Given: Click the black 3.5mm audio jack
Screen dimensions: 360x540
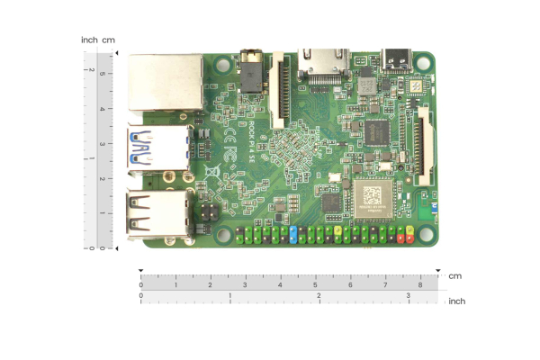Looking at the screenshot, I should click(x=251, y=69).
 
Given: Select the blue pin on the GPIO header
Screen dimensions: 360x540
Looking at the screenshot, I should click(x=294, y=236).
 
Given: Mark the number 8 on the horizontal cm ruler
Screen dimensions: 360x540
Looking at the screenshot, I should click(x=420, y=284).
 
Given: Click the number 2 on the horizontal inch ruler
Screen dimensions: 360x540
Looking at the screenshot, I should click(x=319, y=295).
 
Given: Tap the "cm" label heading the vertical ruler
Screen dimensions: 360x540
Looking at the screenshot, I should click(x=109, y=40).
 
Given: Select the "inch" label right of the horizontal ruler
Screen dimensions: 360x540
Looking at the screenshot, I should click(x=457, y=301).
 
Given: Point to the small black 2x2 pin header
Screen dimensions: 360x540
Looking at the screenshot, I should click(x=206, y=214).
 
